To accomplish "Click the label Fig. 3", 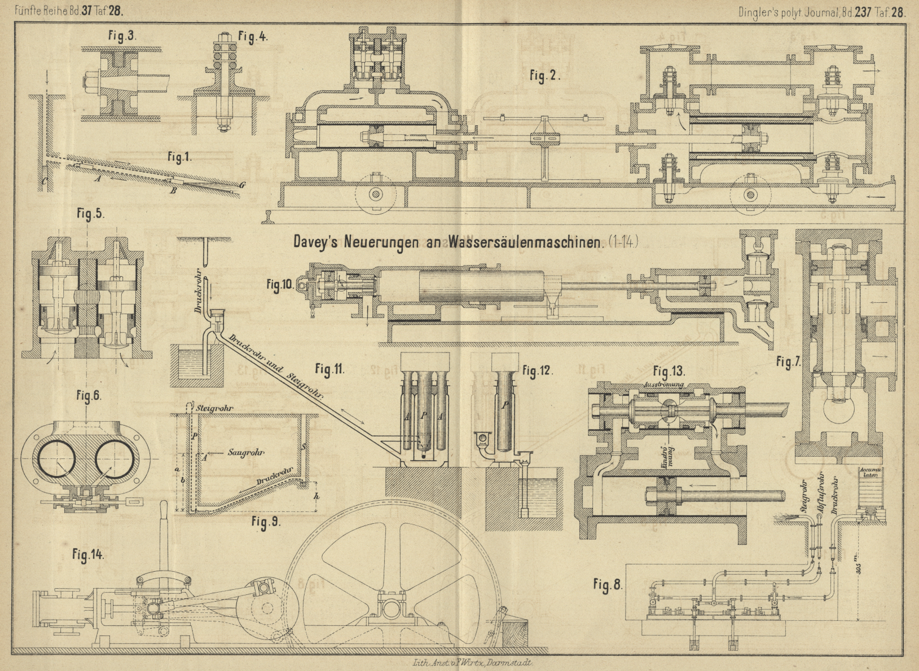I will click(x=121, y=36).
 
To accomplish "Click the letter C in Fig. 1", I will click(x=43, y=180).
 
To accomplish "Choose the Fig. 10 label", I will click(x=280, y=285).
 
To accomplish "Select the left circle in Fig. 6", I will click(x=56, y=459).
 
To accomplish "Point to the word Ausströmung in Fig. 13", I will click(x=670, y=385).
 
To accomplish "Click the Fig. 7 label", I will click(x=788, y=363).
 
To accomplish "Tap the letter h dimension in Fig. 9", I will click(x=316, y=496).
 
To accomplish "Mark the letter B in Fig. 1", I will click(x=174, y=191).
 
